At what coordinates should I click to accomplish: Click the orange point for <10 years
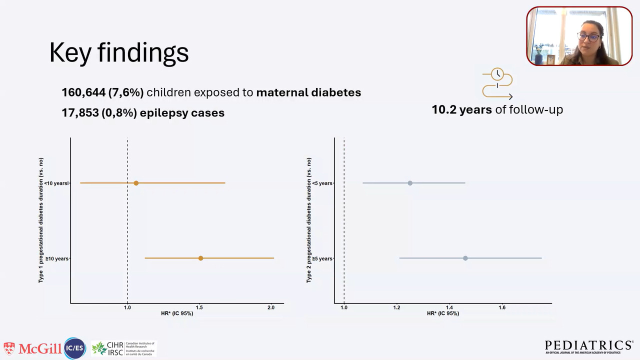tap(136, 183)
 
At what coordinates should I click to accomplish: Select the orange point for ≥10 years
tap(200, 258)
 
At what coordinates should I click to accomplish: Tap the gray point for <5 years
tap(410, 183)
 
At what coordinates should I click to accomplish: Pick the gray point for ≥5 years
tap(465, 258)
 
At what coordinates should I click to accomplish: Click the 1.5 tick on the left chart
tap(199, 307)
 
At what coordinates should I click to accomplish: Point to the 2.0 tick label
tap(270, 307)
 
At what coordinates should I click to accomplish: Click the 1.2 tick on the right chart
tap(396, 307)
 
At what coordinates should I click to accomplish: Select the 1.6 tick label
tap(502, 307)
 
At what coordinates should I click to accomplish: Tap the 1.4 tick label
tap(449, 307)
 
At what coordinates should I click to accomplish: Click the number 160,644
tap(79, 92)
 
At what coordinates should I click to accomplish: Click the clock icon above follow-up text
tap(497, 75)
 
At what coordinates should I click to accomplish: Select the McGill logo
tap(32, 348)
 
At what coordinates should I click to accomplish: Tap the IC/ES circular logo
tap(75, 348)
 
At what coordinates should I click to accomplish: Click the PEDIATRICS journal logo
tap(588, 346)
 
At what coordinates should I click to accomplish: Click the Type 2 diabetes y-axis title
tap(309, 220)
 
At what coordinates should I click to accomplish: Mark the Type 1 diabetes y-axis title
tap(41, 220)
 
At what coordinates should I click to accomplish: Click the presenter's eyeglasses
tap(587, 36)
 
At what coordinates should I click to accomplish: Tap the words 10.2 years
tap(461, 109)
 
